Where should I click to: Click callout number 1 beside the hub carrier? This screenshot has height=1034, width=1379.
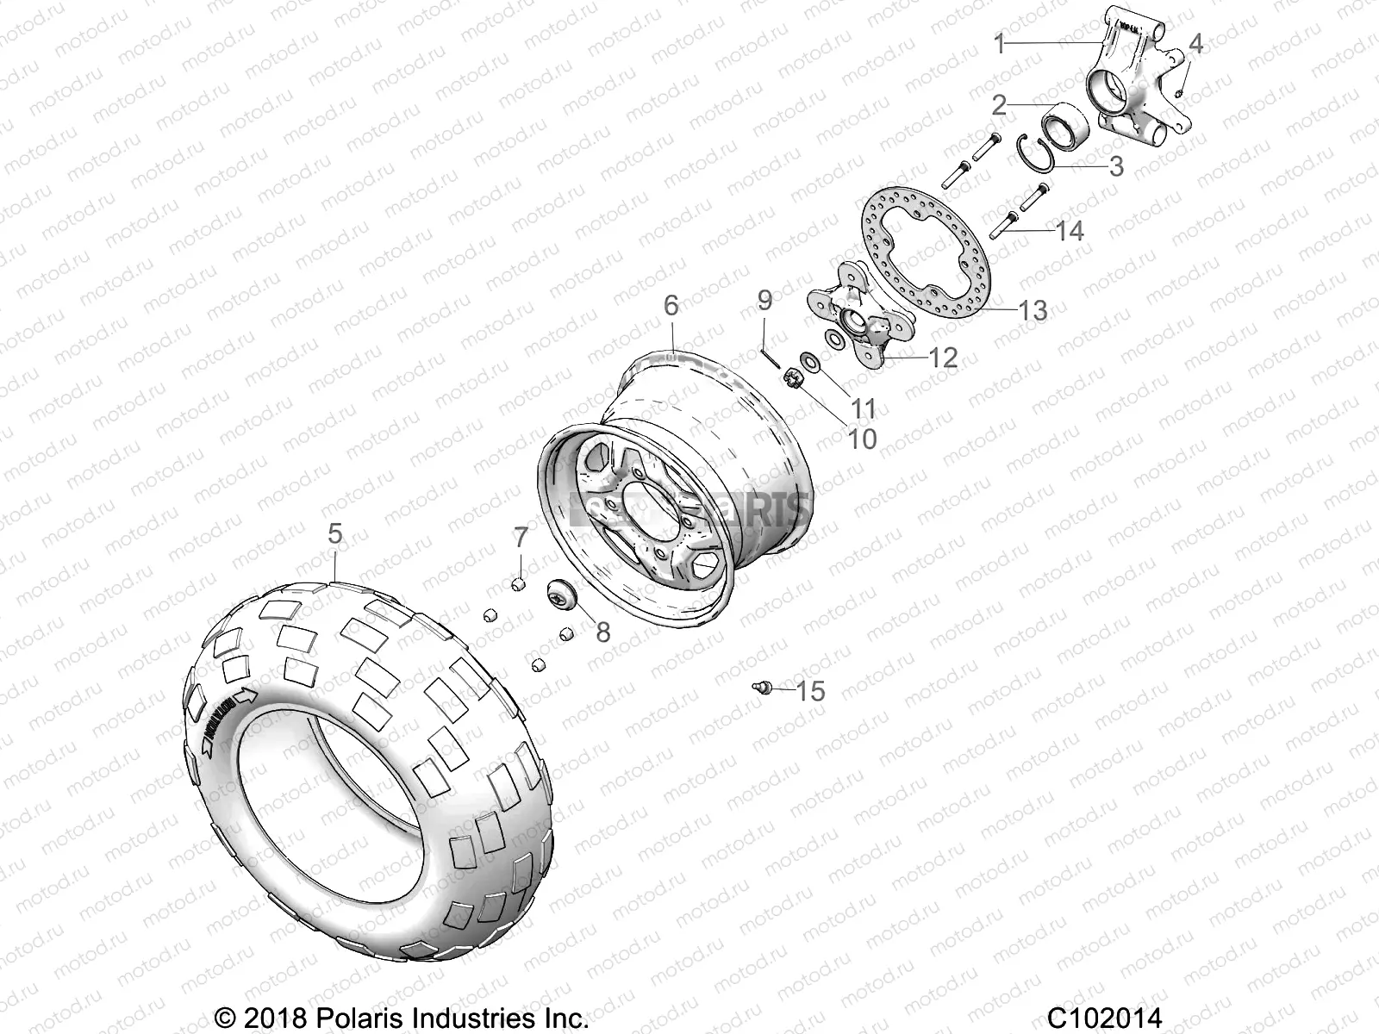[1000, 44]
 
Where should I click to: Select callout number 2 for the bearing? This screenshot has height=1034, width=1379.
[999, 106]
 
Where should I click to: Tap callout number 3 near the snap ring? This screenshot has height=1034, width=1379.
[1116, 166]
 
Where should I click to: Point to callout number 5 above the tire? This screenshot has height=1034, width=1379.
[334, 534]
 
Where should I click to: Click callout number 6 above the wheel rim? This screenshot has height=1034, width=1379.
[671, 305]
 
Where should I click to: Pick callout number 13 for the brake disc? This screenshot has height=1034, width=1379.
[1033, 310]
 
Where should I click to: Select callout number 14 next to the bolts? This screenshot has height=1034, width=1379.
[1070, 231]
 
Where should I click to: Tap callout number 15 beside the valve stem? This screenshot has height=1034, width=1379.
[811, 691]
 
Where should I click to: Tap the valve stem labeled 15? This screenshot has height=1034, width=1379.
[760, 687]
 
